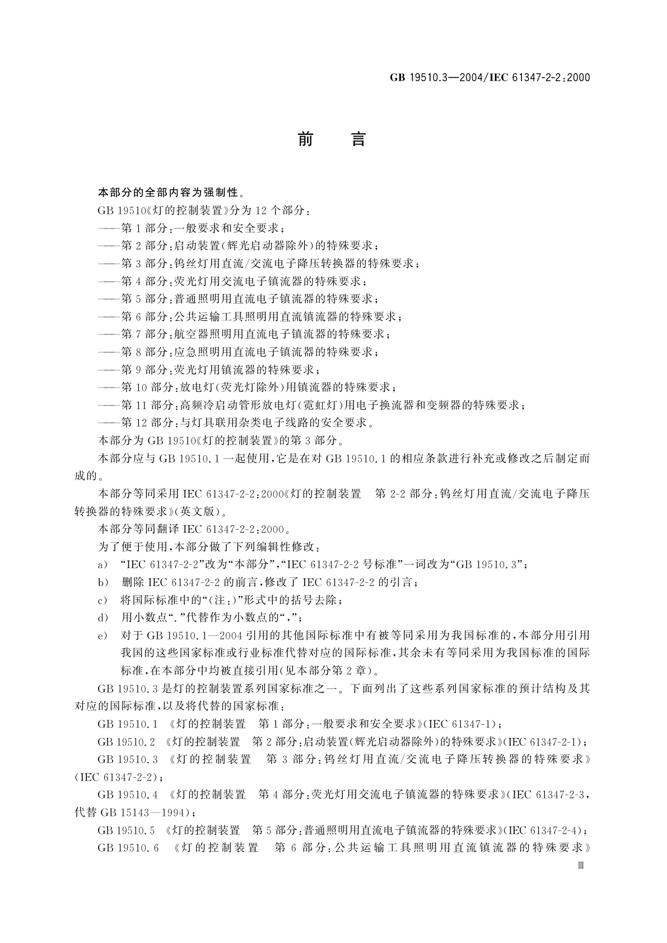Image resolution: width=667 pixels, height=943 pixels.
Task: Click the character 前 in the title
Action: click(x=305, y=139)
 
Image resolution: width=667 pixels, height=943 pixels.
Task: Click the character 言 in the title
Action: click(x=358, y=139)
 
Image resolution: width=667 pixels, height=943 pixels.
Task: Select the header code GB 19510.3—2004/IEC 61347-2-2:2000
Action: click(x=490, y=78)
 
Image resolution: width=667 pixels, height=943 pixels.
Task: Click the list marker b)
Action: click(x=102, y=582)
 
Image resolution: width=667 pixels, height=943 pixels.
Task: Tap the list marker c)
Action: click(x=102, y=600)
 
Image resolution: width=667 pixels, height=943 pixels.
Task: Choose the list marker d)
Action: click(x=102, y=618)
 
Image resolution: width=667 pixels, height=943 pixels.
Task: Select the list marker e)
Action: click(x=102, y=636)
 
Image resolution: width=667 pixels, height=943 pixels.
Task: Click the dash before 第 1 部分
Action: click(x=109, y=228)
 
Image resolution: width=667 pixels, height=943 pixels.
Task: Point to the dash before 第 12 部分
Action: click(x=109, y=422)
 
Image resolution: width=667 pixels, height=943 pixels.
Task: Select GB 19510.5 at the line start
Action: click(x=126, y=830)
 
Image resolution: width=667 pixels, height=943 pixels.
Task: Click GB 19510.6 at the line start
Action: click(x=126, y=848)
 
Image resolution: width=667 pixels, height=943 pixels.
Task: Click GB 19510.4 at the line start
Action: click(x=126, y=795)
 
